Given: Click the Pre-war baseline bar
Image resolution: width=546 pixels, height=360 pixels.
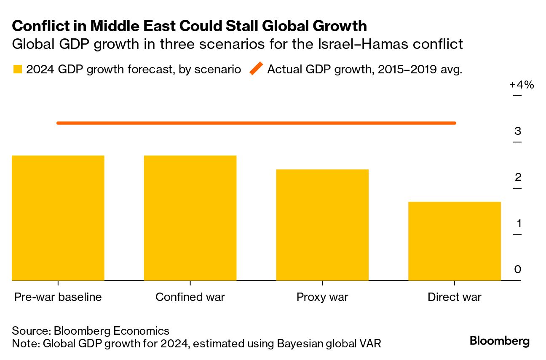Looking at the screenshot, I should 58,218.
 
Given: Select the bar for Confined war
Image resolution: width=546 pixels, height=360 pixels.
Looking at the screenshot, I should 190,218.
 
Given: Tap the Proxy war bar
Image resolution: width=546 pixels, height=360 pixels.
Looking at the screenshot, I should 322,225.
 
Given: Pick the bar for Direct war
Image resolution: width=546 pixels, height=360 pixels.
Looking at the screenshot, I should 455,241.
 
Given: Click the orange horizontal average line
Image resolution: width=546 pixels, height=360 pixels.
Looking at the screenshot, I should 256,123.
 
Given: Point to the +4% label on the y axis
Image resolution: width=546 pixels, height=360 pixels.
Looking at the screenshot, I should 522,85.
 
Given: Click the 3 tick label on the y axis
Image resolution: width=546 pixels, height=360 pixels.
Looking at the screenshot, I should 518,131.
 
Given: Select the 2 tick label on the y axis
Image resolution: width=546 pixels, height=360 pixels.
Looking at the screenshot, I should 518,177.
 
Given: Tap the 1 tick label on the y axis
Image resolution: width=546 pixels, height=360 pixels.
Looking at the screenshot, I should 518,223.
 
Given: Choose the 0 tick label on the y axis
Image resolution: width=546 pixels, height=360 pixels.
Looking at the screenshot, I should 518,269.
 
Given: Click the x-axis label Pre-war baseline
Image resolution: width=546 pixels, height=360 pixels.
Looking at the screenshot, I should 58,297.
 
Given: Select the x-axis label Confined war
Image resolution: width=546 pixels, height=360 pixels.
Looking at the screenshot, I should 190,297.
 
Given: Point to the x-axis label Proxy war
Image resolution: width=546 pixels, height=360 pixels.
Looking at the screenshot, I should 322,297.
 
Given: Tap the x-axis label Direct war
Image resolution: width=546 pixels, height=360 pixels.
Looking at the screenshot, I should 455,297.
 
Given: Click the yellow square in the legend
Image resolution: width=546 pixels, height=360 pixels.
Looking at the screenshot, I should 17,69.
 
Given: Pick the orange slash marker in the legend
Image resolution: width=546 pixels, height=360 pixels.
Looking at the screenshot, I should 256,69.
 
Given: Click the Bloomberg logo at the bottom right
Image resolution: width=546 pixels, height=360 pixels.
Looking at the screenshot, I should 500,341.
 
